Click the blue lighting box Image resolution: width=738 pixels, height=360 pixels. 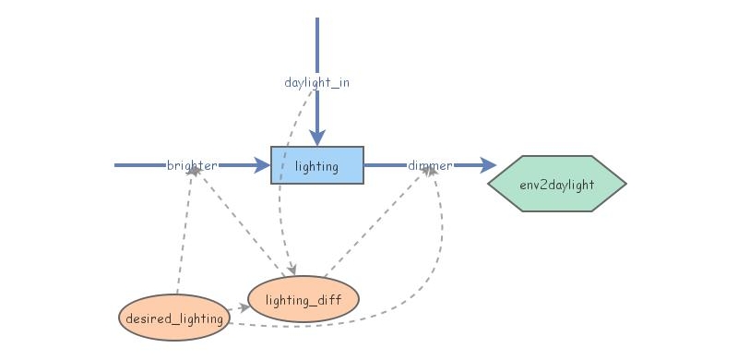tap(316, 165)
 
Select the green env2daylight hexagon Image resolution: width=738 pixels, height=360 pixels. tap(556, 184)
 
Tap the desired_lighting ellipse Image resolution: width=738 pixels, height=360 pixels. tap(173, 318)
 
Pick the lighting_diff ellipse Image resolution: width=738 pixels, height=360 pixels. tap(303, 299)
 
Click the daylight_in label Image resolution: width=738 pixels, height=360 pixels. tap(316, 82)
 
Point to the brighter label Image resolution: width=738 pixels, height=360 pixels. tap(192, 165)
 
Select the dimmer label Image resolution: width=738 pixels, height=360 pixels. tap(430, 165)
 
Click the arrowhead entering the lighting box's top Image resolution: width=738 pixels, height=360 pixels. tap(316, 139)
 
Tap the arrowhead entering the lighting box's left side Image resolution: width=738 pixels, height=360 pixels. tap(263, 165)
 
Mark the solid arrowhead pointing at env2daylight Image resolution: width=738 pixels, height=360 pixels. tap(489, 165)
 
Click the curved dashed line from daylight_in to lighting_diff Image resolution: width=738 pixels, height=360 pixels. tap(282, 185)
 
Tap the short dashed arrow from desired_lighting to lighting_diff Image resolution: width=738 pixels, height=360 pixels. tap(236, 309)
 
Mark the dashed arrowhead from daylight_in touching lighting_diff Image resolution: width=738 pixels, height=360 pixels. tap(294, 270)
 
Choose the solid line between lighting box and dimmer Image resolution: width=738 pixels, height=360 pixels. tap(386, 165)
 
